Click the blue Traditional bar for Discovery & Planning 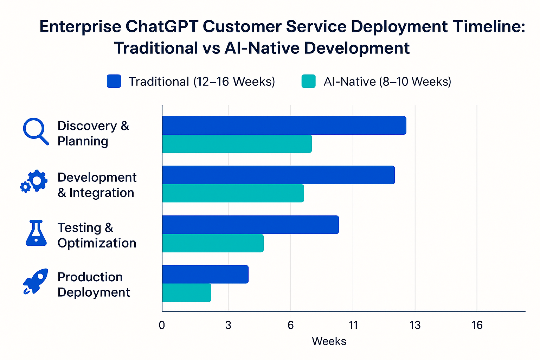click(284, 125)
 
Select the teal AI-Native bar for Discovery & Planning click(237, 144)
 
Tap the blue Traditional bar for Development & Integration click(278, 175)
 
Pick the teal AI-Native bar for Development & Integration click(233, 193)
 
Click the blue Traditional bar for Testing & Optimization click(250, 225)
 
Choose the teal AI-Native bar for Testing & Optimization click(213, 243)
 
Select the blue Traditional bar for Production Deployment click(205, 274)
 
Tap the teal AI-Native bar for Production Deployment click(187, 292)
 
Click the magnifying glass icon click(36, 131)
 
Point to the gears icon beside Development click(34, 181)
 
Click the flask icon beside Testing click(36, 233)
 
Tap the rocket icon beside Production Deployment click(36, 281)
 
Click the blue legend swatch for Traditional click(114, 81)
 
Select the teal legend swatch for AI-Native click(308, 81)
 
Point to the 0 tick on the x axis click(162, 325)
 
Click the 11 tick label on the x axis click(353, 325)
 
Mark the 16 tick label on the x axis click(477, 325)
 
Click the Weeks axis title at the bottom click(329, 341)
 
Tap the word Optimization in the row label click(97, 243)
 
